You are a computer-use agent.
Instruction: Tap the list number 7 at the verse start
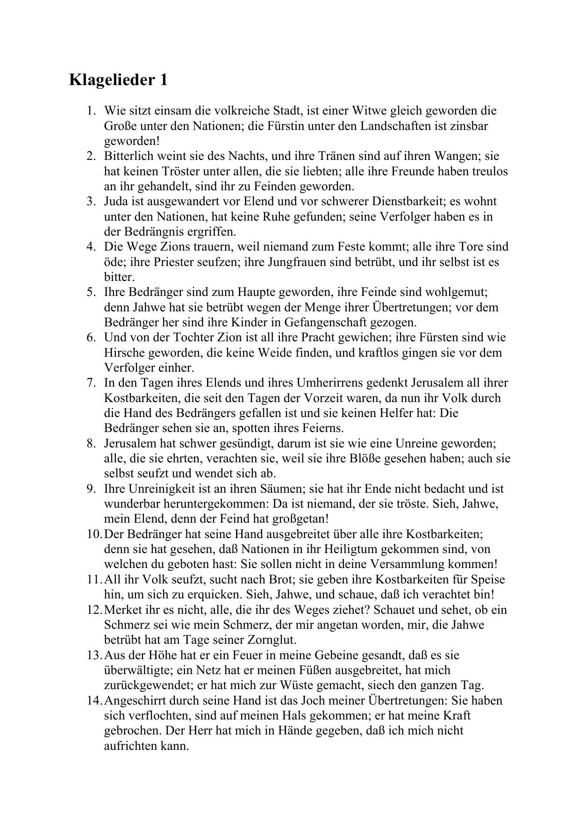[x=91, y=383]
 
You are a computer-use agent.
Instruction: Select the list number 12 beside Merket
[x=93, y=610]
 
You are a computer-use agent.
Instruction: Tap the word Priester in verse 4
[x=171, y=262]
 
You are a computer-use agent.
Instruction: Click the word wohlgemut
[x=455, y=292]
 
